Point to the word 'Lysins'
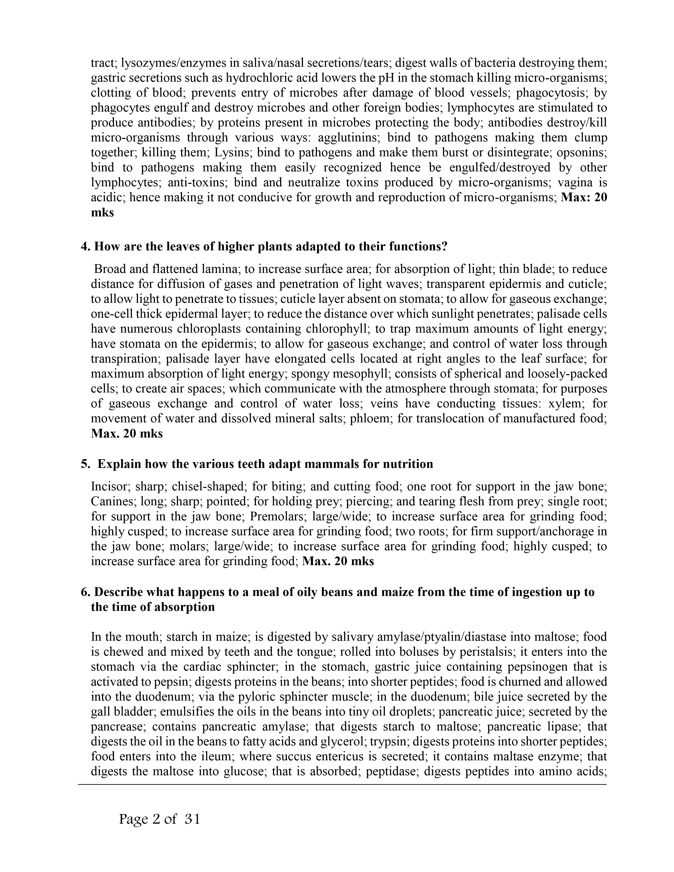[x=232, y=152]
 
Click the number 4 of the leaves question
[x=84, y=246]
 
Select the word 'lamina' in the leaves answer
[x=216, y=269]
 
